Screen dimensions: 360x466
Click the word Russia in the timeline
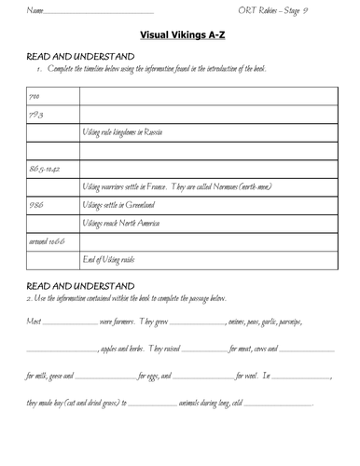tap(154, 134)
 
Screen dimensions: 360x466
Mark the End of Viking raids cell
tap(115, 259)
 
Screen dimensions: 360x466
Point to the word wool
tap(243, 378)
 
